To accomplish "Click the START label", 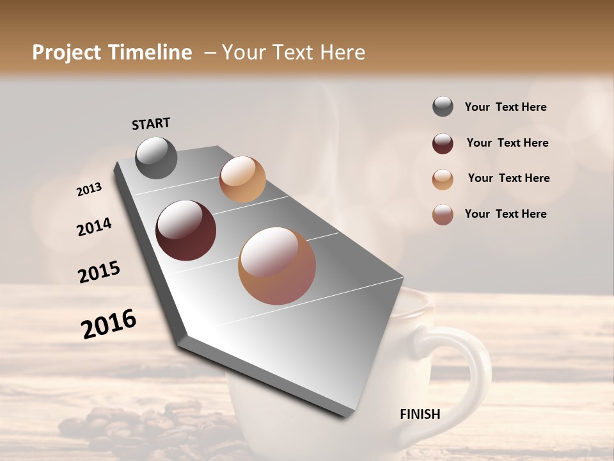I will tap(151, 123).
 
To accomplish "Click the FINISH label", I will tap(420, 414).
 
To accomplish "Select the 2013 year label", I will tap(90, 189).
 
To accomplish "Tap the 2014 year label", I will tap(94, 227).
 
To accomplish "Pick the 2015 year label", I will tap(99, 272).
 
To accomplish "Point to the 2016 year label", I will tap(109, 323).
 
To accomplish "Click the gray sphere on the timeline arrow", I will tap(157, 158).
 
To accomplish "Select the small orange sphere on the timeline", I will tap(242, 179).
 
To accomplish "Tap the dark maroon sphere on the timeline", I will tap(186, 230).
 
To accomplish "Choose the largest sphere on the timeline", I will tap(277, 266).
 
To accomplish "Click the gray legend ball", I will tap(443, 107).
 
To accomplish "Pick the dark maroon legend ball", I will tap(443, 143).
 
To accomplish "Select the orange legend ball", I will tap(443, 179).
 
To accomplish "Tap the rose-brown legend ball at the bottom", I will tap(443, 214).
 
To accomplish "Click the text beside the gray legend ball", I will tap(505, 108).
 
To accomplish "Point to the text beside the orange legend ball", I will tap(508, 178).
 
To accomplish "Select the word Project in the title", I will tap(67, 53).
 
